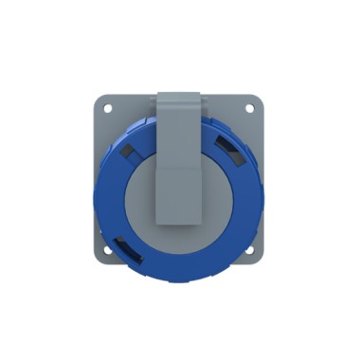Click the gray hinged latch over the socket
(180, 161)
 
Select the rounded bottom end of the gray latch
(180, 223)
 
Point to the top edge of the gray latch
(180, 93)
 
